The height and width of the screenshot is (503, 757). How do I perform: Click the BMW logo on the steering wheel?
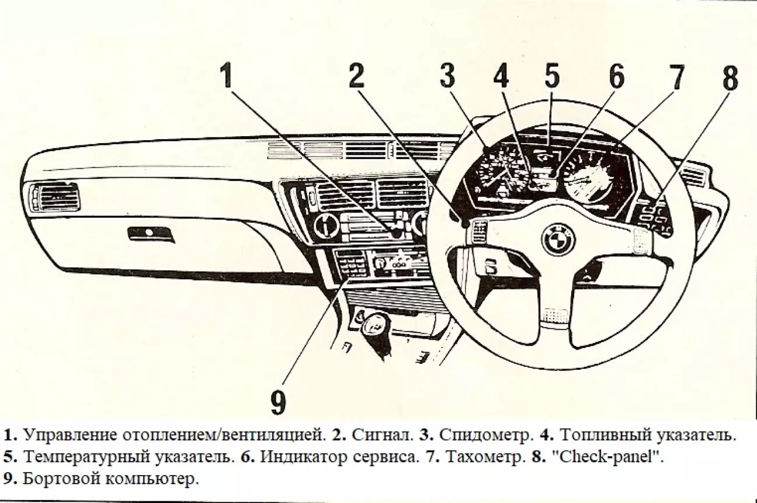click(558, 237)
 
